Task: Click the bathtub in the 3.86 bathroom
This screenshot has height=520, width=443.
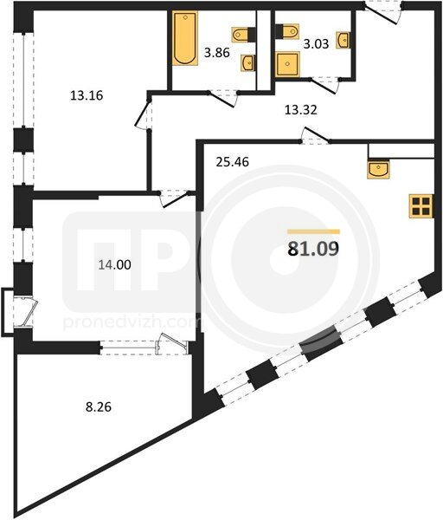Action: pyautogui.click(x=185, y=38)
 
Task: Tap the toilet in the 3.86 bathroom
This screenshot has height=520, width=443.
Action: pyautogui.click(x=243, y=35)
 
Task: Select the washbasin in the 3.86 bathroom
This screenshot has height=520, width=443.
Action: pyautogui.click(x=248, y=63)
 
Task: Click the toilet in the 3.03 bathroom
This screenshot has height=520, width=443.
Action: pyautogui.click(x=286, y=31)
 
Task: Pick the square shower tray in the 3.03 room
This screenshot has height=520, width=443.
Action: pyautogui.click(x=287, y=64)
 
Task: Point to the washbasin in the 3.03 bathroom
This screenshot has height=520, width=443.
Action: pyautogui.click(x=343, y=41)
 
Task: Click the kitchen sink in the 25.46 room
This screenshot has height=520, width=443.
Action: pyautogui.click(x=378, y=170)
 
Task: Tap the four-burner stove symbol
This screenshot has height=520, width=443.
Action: pyautogui.click(x=421, y=206)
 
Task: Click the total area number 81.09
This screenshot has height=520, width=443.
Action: pyautogui.click(x=314, y=249)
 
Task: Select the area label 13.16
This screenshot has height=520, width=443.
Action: pyautogui.click(x=87, y=95)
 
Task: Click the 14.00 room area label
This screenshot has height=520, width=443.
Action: pyautogui.click(x=114, y=264)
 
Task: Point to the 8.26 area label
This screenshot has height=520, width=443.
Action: pyautogui.click(x=99, y=406)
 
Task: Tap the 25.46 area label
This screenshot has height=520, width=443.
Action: pyautogui.click(x=232, y=162)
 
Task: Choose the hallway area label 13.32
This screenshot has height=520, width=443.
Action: pyautogui.click(x=301, y=110)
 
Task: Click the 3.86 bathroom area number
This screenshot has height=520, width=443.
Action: pyautogui.click(x=217, y=53)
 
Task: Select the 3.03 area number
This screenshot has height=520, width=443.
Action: pyautogui.click(x=316, y=44)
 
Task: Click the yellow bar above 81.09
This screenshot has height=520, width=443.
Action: pyautogui.click(x=313, y=231)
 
